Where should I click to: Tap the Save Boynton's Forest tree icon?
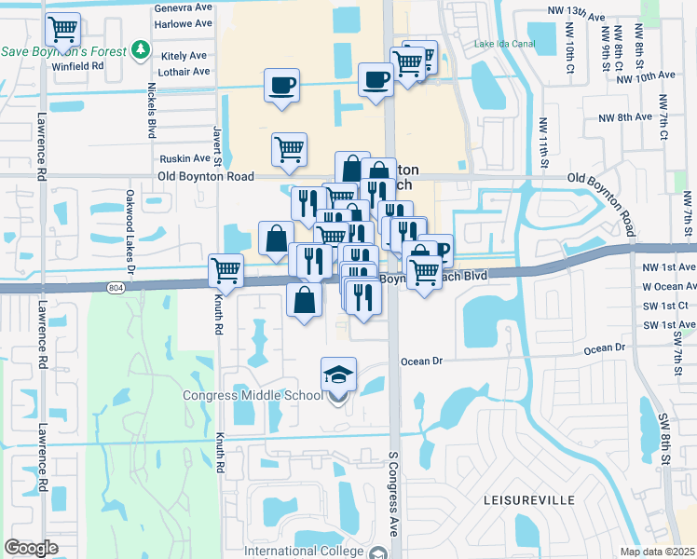point(140,48)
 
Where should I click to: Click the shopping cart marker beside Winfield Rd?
point(62,30)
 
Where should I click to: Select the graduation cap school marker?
point(338,375)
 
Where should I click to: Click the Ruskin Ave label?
point(184,158)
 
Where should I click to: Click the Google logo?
point(31,547)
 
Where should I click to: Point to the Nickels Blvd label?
point(151,109)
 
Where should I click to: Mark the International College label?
point(303,551)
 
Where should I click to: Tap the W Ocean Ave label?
point(669,286)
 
